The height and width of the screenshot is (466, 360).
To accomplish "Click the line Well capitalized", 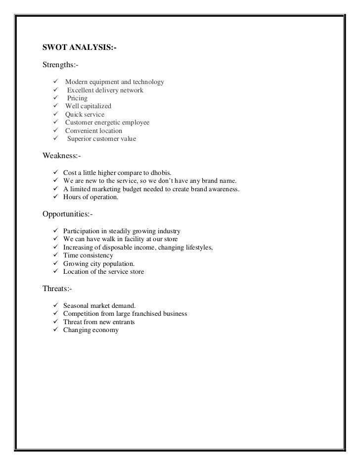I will pos(88,106).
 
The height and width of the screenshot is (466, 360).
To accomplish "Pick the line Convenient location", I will pos(93,131).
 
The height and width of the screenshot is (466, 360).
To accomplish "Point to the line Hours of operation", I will pos(91,198).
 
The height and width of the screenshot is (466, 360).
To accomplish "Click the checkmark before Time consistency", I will pos(55,255).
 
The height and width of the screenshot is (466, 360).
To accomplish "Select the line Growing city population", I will pos(99,264).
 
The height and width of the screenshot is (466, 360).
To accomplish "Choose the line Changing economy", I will pos(91,330).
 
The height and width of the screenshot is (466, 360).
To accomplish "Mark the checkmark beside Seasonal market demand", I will pos(55,305).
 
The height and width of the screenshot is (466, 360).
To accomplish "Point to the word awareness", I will pos(223,189).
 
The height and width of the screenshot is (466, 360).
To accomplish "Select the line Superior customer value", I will pos(101,139).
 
